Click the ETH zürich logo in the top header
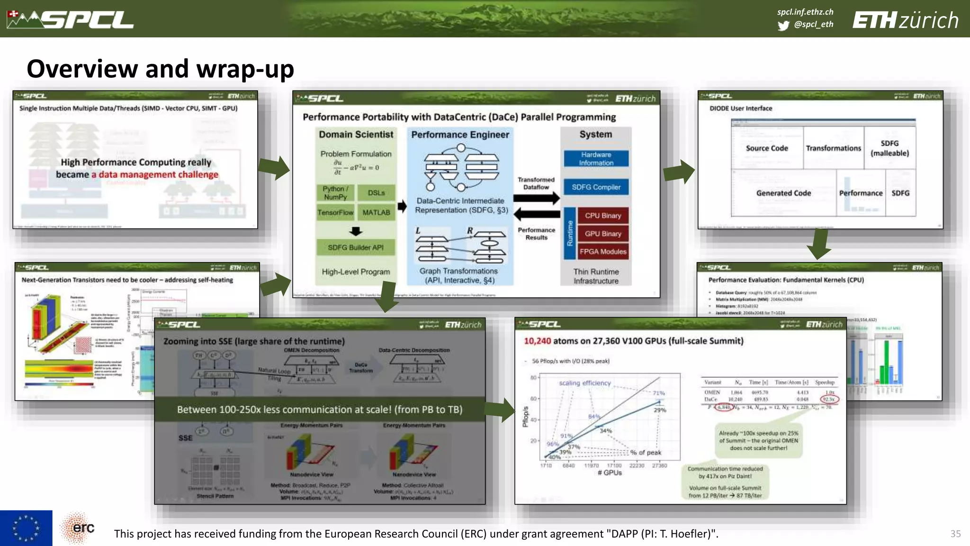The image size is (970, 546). click(x=905, y=20)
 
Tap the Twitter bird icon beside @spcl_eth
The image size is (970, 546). click(x=783, y=25)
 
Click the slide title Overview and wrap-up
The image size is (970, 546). click(x=160, y=69)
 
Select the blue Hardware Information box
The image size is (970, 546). click(x=596, y=159)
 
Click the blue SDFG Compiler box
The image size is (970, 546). click(x=596, y=187)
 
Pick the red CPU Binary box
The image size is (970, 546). click(x=602, y=216)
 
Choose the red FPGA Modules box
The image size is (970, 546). click(x=602, y=252)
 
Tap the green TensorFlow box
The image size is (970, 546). click(x=335, y=212)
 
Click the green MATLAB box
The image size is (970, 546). click(x=376, y=212)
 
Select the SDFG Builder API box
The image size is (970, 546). click(x=355, y=247)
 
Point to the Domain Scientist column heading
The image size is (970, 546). click(x=356, y=135)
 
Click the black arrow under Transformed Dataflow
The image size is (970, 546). click(x=536, y=198)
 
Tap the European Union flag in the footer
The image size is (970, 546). click(x=26, y=528)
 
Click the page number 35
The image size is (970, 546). click(x=955, y=534)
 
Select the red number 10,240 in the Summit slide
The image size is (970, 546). click(x=537, y=341)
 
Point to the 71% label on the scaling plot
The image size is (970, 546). click(x=658, y=393)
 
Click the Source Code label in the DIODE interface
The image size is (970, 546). click(x=766, y=148)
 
